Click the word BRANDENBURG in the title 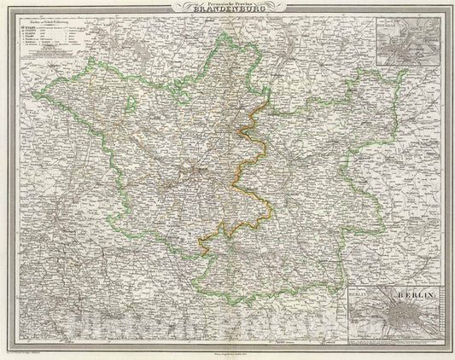[x=228, y=15]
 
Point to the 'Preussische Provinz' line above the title [x=228, y=7]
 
